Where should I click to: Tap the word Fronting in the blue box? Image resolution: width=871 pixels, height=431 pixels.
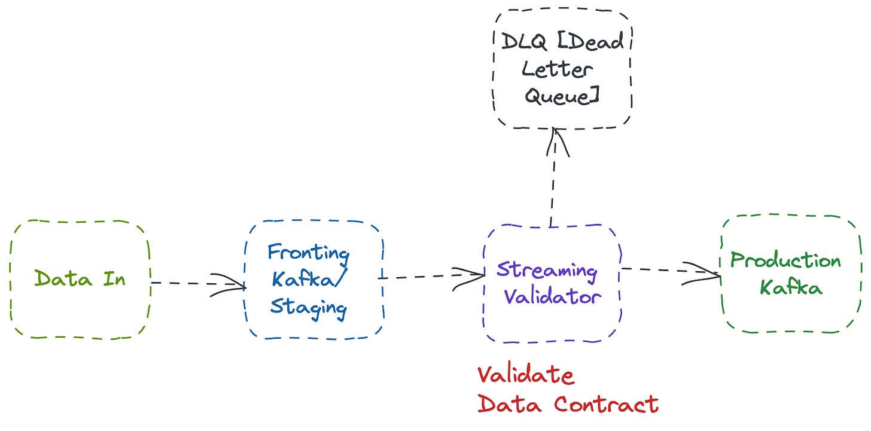point(308,252)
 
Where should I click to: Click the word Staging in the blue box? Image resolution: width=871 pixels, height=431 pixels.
point(308,307)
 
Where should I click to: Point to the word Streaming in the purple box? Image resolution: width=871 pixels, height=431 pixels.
point(547,271)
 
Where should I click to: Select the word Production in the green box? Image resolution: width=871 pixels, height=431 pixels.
point(785,261)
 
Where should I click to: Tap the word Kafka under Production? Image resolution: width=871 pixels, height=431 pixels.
point(791,288)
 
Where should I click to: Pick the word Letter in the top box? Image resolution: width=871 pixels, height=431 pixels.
point(558,69)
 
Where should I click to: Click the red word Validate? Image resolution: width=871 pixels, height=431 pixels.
point(526,376)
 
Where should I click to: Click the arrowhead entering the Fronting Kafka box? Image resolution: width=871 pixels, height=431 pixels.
point(236,286)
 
